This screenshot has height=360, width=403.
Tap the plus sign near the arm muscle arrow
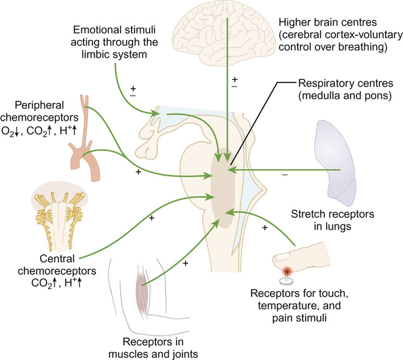(186, 263)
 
